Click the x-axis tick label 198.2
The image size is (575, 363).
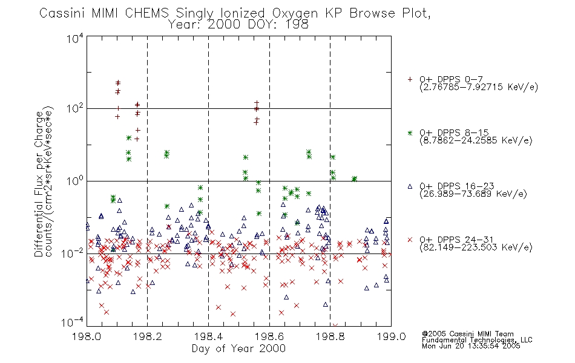[148, 336]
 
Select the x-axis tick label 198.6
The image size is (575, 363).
[269, 336]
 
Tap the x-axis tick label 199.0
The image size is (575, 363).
[391, 336]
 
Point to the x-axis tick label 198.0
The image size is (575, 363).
[87, 336]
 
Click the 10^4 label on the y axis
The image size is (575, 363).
[75, 38]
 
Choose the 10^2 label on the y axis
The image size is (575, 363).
[75, 108]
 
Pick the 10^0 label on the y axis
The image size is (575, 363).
[75, 181]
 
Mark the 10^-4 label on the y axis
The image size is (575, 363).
[73, 322]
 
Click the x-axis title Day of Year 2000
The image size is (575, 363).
[238, 348]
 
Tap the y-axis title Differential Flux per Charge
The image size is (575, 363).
[39, 184]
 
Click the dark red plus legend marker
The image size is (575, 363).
[410, 79]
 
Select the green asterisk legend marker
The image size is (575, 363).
[410, 133]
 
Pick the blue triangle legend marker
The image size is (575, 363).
[410, 186]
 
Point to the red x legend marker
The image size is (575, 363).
[410, 240]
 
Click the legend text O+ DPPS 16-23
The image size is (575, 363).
[457, 186]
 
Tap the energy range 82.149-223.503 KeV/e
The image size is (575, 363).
[476, 247]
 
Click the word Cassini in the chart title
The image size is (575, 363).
[62, 13]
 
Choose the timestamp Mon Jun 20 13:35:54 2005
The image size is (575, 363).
[471, 346]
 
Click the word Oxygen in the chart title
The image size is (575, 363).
[295, 14]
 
